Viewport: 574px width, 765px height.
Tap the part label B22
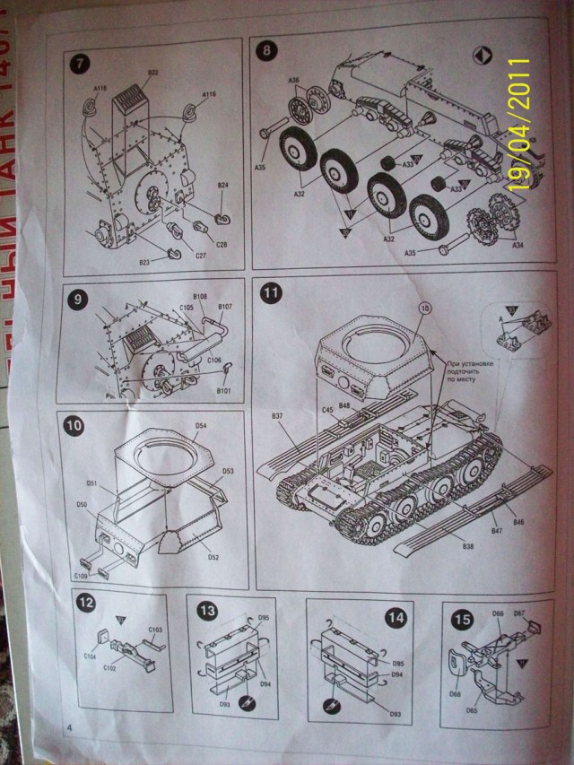pos(152,73)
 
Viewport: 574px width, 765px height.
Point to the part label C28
pos(221,244)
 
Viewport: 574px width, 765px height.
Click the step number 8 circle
pos(267,51)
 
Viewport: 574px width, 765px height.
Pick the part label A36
pos(294,80)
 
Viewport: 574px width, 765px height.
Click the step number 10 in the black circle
pos(74,425)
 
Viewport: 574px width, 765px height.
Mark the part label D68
pos(456,692)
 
